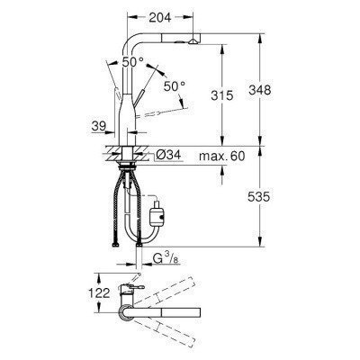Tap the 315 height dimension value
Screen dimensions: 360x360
223,95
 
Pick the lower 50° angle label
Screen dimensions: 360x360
173,85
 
